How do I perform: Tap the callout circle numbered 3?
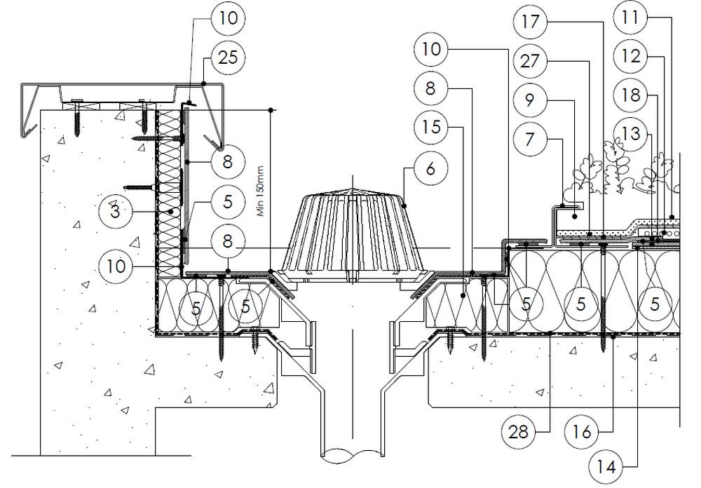(118, 210)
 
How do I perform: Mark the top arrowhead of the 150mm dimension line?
(270, 110)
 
